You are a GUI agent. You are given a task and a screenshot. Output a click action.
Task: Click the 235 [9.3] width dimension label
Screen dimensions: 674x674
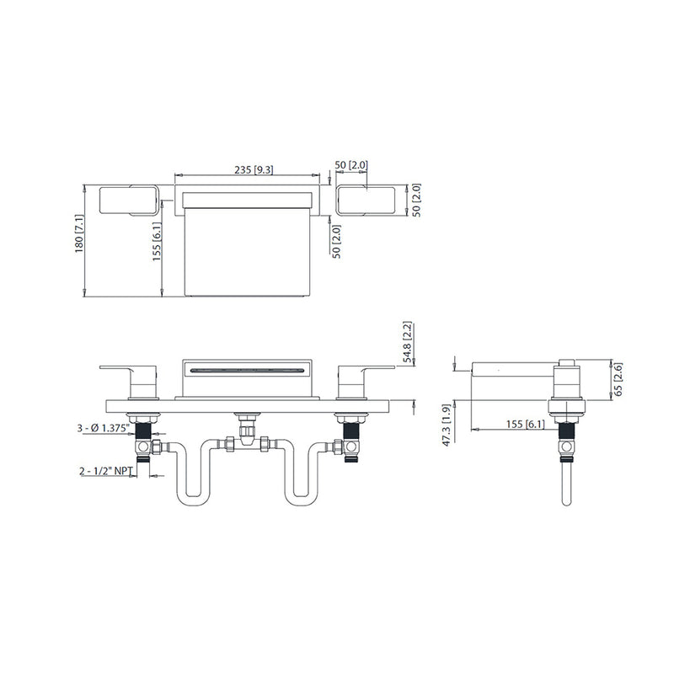coord(254,169)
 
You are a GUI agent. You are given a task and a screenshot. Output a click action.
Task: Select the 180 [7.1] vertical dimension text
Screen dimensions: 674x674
coord(80,233)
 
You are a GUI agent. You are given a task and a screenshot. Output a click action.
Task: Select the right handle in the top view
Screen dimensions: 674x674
coord(366,201)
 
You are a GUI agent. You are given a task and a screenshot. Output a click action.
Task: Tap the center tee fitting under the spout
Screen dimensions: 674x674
coord(245,432)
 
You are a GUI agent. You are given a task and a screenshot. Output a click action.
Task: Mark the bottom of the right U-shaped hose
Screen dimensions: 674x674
coord(301,502)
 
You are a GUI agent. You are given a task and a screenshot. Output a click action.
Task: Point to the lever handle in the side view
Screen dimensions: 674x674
coord(514,369)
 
